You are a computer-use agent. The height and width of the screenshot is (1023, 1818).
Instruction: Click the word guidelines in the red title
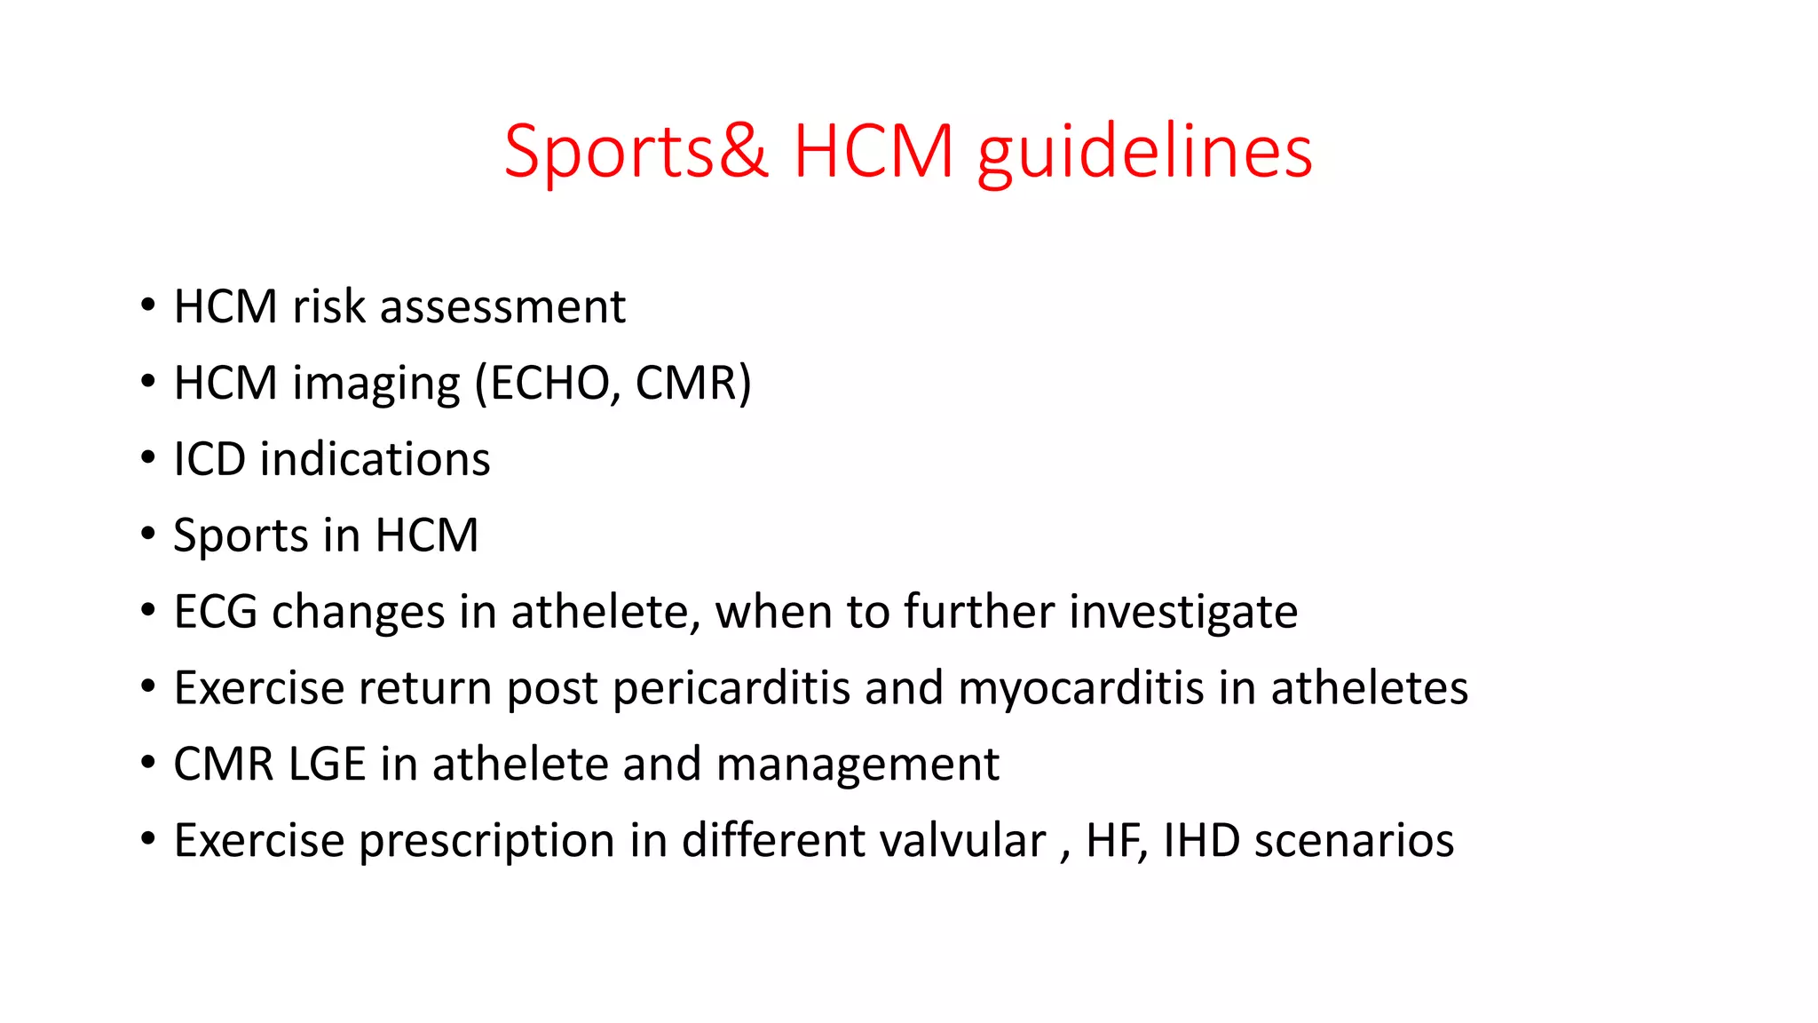tap(1144, 153)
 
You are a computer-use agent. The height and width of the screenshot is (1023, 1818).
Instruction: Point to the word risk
tap(328, 307)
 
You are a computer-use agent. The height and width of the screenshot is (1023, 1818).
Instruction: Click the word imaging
tap(376, 384)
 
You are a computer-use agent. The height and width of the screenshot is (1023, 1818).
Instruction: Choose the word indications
tap(375, 460)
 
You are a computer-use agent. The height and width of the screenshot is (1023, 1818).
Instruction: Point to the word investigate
tap(1183, 613)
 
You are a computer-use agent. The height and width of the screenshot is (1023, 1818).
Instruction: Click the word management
tap(857, 765)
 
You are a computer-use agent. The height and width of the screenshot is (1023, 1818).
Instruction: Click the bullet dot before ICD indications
tap(148, 459)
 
